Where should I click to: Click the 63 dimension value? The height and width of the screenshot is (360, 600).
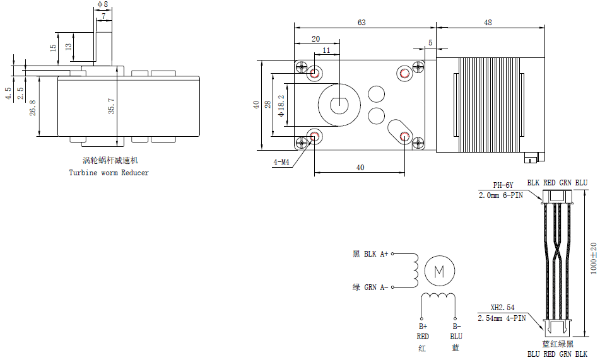point(362,23)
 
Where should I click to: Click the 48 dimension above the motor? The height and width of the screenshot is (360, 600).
point(488,23)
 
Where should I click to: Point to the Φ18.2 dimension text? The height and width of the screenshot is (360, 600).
point(281,106)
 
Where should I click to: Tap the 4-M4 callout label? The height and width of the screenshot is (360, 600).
point(281,162)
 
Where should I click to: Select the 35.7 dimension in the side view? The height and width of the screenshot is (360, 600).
point(111,106)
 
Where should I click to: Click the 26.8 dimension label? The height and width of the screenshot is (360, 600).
point(33,108)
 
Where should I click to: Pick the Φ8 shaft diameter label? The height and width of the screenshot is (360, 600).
point(103,4)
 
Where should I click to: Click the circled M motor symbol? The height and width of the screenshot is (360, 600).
point(440,271)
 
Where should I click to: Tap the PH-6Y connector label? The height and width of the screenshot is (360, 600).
point(503,185)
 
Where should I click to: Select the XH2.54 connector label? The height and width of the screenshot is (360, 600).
point(502,308)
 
